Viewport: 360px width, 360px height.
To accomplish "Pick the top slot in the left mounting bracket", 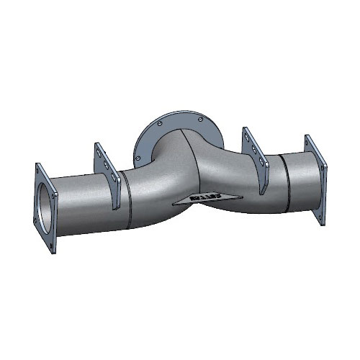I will (x=101, y=156).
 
